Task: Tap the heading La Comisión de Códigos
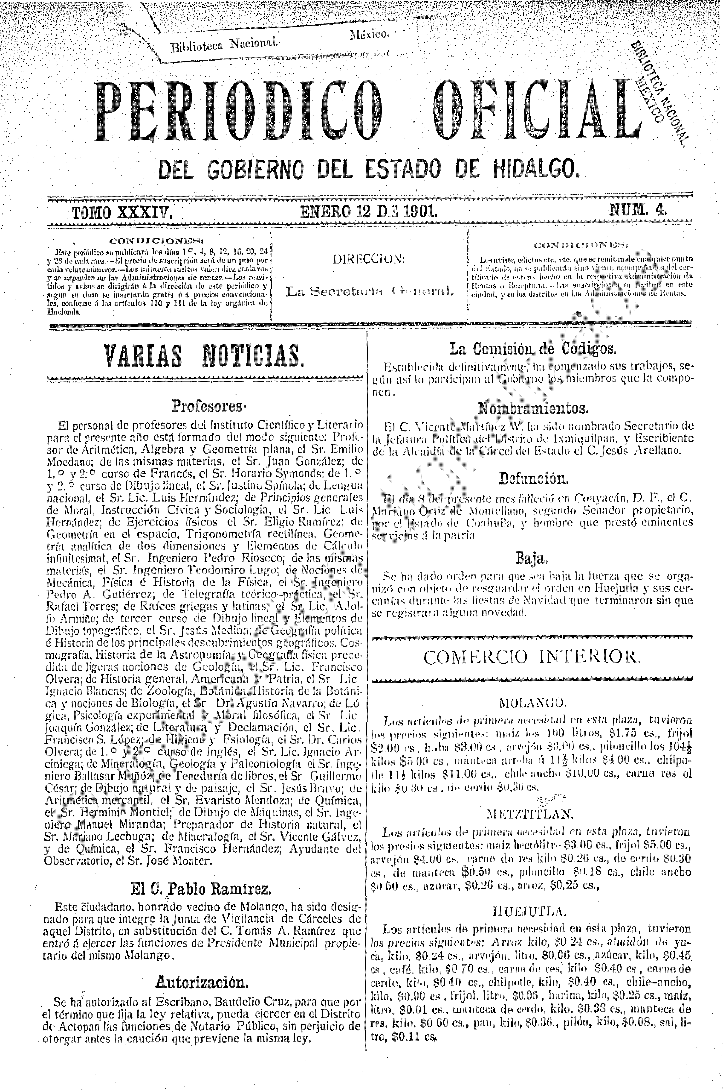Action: point(533,349)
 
